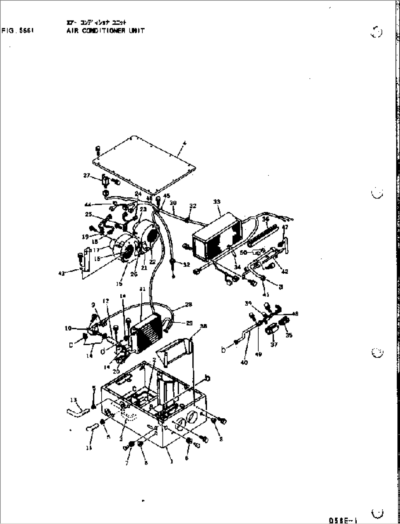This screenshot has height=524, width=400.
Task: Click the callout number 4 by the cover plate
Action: tap(185, 143)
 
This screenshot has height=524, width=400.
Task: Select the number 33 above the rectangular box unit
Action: tap(217, 202)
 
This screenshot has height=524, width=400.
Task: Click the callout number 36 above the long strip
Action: tap(266, 219)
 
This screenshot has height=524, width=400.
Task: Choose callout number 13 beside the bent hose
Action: tap(74, 400)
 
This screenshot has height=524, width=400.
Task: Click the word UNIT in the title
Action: tap(136, 31)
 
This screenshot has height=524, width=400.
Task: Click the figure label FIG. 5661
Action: tap(18, 31)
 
